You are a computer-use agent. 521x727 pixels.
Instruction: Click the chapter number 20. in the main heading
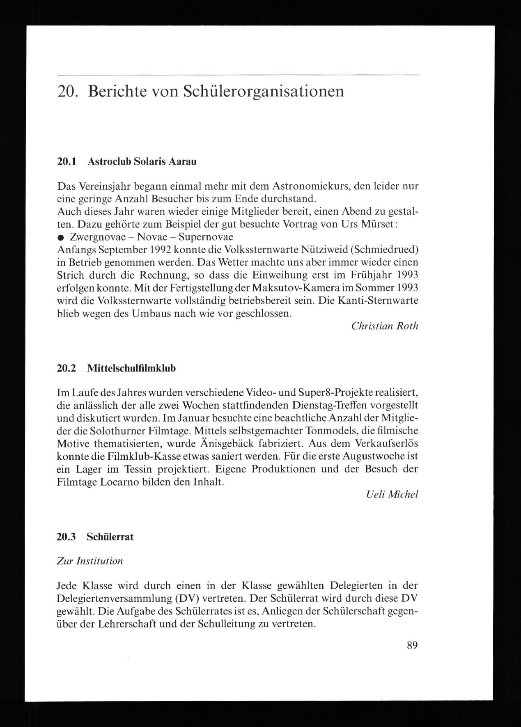[67, 91]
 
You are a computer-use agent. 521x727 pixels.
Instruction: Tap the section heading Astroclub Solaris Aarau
[142, 161]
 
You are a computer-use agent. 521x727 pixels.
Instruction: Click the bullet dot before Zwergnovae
[61, 238]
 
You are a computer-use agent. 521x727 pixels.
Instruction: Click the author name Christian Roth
[385, 326]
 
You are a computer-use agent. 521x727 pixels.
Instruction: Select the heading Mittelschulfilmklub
[131, 368]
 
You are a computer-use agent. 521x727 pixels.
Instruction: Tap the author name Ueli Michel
[392, 495]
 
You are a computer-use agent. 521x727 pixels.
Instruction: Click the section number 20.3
[67, 537]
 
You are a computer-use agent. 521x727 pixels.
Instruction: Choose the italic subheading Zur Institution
[90, 561]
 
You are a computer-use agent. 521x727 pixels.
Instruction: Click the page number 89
[412, 645]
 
